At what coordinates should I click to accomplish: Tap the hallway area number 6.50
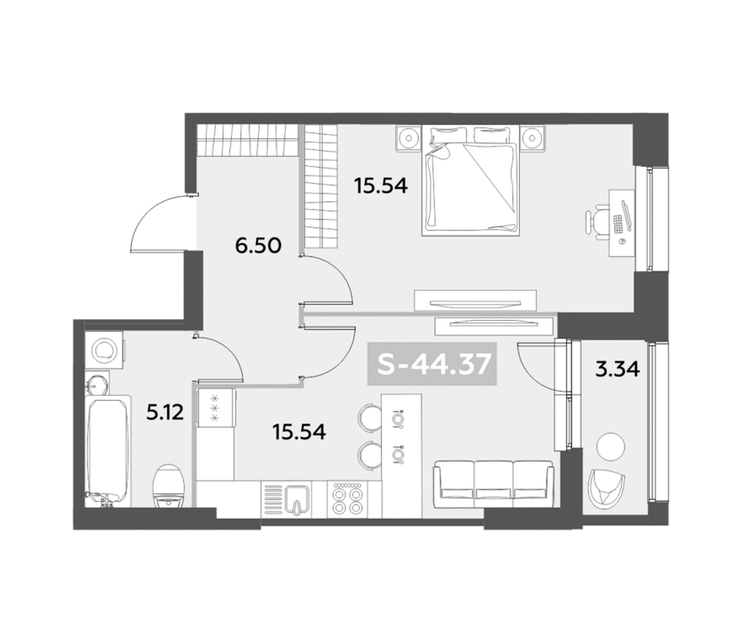[x=259, y=246]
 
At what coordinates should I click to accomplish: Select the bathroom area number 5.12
[x=165, y=413]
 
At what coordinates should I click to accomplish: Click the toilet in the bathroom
[x=169, y=486]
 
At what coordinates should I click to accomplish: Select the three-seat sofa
[x=493, y=484]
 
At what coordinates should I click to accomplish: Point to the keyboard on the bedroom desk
[x=617, y=223]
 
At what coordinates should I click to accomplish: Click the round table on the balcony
[x=611, y=446]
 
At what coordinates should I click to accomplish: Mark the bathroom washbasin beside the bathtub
[x=97, y=383]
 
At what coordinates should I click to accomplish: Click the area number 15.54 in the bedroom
[x=381, y=186]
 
